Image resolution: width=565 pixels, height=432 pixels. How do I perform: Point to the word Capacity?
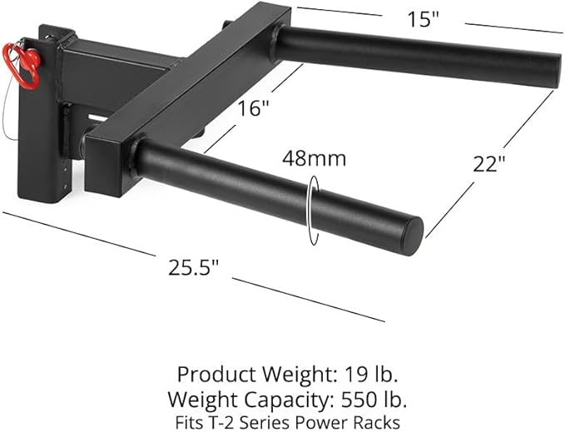(x=276, y=398)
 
